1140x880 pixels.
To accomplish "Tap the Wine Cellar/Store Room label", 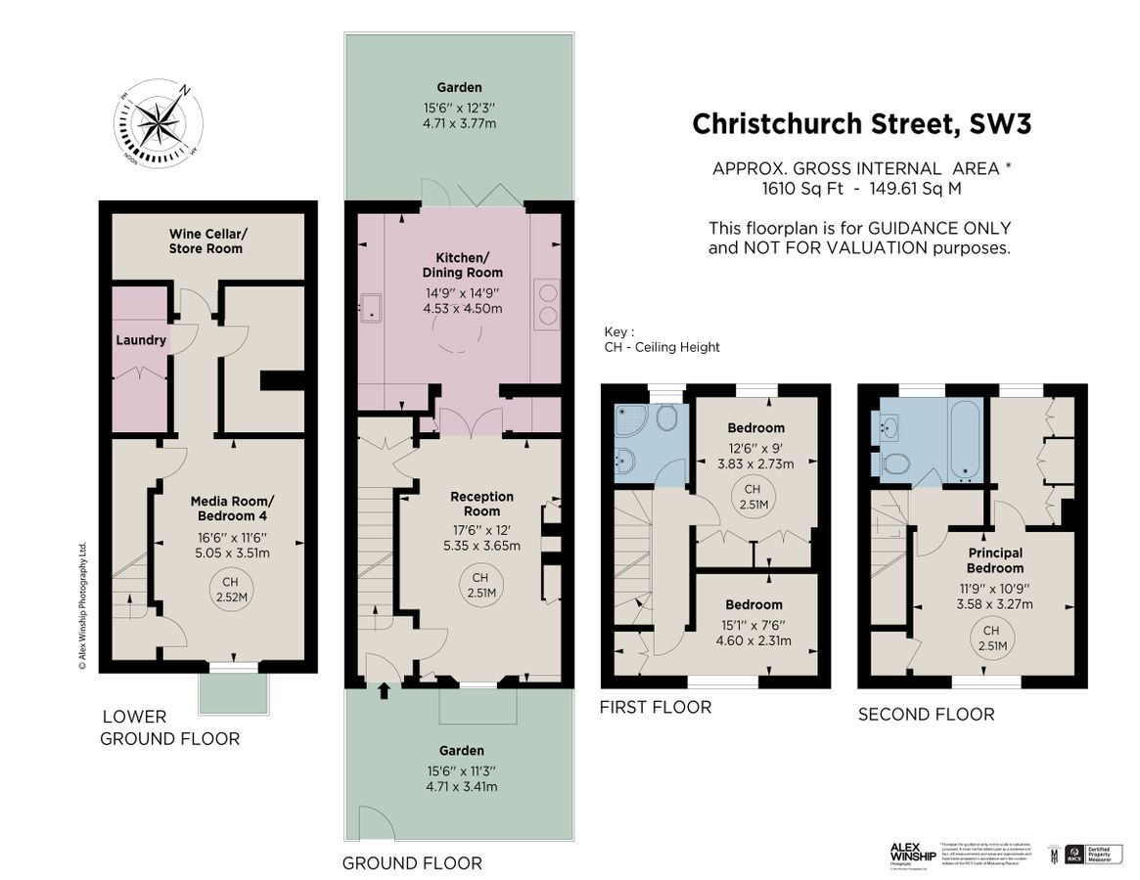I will pyautogui.click(x=206, y=241).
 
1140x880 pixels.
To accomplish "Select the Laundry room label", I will pyautogui.click(x=141, y=340).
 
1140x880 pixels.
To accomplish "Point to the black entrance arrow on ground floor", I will pyautogui.click(x=384, y=691).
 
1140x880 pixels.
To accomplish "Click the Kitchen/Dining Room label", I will pyautogui.click(x=462, y=264).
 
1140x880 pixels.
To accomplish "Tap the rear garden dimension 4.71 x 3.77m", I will pyautogui.click(x=460, y=124).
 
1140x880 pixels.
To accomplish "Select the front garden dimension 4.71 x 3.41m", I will pyautogui.click(x=460, y=786).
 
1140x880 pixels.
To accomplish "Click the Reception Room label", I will pyautogui.click(x=481, y=504).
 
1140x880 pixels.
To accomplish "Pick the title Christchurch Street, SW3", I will pyautogui.click(x=861, y=124).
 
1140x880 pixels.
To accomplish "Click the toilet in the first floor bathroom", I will pyautogui.click(x=668, y=418).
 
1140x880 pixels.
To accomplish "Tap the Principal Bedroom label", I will pyautogui.click(x=995, y=560).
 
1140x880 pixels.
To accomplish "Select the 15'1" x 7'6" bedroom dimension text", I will pyautogui.click(x=753, y=625).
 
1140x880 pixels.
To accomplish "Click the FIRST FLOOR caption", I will pyautogui.click(x=655, y=707).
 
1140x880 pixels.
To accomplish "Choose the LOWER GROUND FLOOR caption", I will pyautogui.click(x=169, y=727).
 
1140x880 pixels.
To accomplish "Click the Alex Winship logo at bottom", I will pyautogui.click(x=912, y=852).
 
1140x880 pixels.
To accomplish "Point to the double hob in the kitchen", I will pyautogui.click(x=546, y=303).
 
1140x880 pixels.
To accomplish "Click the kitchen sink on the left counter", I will pyautogui.click(x=373, y=306).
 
